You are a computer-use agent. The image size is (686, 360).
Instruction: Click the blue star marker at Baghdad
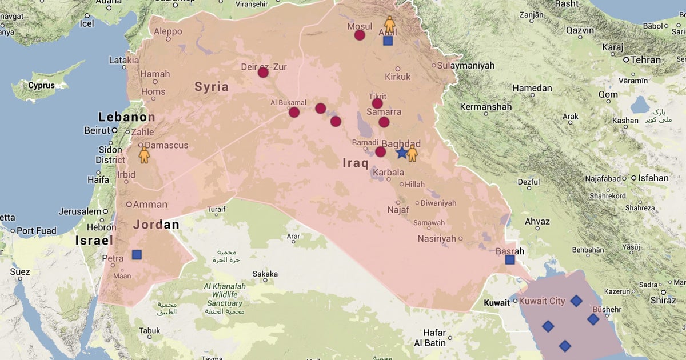401,153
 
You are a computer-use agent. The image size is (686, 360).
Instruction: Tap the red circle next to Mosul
360,35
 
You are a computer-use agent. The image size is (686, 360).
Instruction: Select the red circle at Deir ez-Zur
263,72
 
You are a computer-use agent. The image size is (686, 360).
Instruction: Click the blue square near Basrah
510,260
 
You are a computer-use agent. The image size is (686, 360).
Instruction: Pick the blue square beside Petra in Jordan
137,254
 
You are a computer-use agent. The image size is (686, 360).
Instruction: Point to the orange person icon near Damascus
144,155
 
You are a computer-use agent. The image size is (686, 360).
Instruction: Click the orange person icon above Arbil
389,24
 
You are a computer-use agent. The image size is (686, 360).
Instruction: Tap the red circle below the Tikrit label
377,103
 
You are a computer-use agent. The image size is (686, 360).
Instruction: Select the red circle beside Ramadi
380,151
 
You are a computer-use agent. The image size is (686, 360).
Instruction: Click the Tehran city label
645,59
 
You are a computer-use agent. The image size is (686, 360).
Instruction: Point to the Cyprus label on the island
41,86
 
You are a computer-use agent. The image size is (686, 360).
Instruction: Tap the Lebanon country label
126,117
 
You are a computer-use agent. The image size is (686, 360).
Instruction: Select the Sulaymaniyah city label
465,66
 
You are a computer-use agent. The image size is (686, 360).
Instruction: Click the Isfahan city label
653,178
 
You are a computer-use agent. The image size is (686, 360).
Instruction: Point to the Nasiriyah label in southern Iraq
437,238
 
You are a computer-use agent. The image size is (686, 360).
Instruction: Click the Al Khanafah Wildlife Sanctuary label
225,294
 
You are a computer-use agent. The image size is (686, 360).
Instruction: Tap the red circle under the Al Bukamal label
294,112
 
